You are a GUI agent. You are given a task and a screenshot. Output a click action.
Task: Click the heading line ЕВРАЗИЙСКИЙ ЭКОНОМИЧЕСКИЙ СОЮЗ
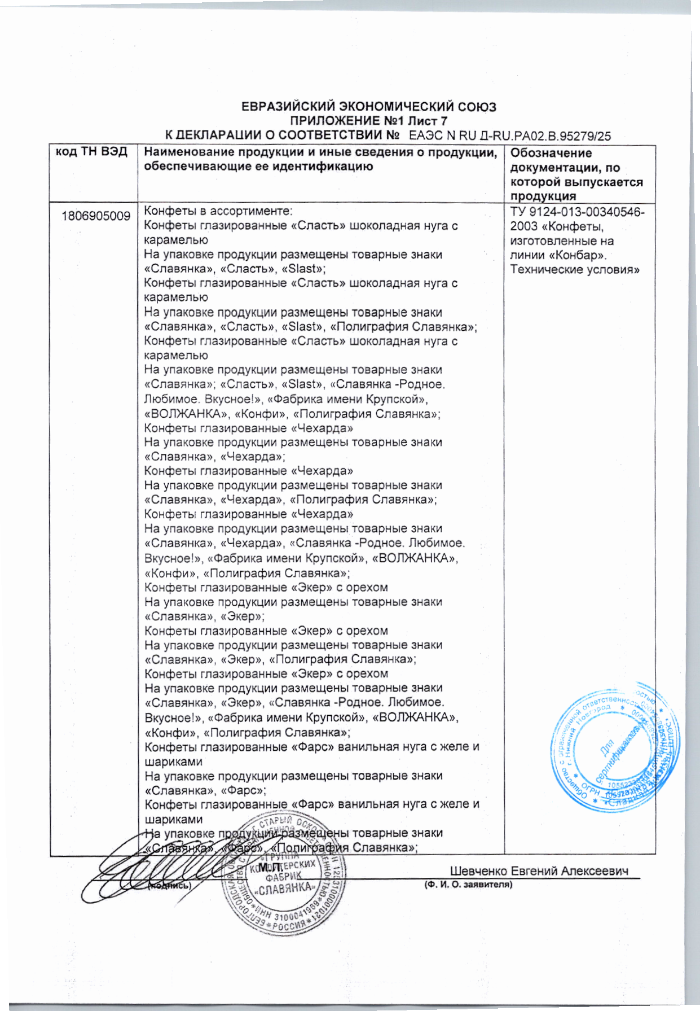(368, 107)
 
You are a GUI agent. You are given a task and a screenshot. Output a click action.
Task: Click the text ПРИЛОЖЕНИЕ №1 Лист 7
(368, 121)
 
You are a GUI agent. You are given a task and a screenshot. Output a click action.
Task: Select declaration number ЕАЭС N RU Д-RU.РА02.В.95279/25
(509, 136)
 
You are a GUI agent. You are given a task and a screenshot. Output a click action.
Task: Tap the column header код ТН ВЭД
(91, 152)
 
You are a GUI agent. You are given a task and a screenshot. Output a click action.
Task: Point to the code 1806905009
(96, 216)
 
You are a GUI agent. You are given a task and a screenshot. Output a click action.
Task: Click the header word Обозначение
(551, 153)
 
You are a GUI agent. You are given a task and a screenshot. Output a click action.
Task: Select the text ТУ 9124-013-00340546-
(577, 212)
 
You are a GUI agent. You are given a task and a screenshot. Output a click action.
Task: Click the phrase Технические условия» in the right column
(575, 269)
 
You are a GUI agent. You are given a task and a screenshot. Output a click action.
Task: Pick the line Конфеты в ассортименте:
(218, 211)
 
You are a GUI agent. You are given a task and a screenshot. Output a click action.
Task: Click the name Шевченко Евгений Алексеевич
(539, 872)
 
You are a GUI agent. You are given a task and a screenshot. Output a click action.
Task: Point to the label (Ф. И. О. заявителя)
(468, 885)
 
